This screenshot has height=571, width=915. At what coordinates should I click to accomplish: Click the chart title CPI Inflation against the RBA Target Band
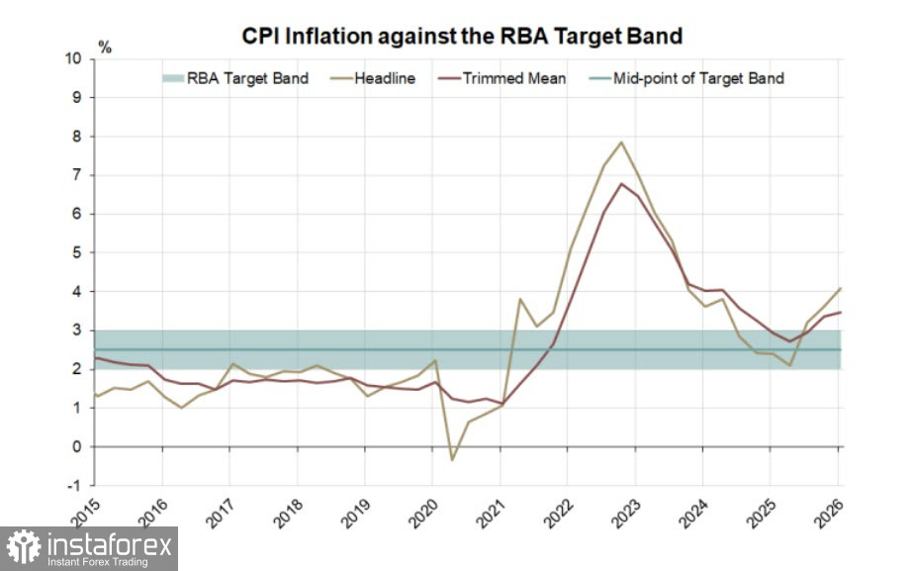[462, 37]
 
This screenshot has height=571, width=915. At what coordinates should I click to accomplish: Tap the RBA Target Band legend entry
[247, 78]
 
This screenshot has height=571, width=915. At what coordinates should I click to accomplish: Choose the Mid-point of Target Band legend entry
[698, 78]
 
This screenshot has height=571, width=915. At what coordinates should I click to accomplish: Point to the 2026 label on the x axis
[826, 513]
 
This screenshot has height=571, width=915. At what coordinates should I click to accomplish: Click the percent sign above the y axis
[106, 47]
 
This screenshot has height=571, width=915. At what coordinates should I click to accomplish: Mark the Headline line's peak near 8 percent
[620, 143]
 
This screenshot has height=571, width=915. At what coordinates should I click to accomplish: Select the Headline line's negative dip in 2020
[451, 459]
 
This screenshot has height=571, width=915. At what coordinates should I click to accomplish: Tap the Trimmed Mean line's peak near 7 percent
[620, 183]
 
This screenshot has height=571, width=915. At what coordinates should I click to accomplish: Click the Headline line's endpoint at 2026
[840, 289]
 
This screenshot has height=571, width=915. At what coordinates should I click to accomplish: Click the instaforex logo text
[109, 544]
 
